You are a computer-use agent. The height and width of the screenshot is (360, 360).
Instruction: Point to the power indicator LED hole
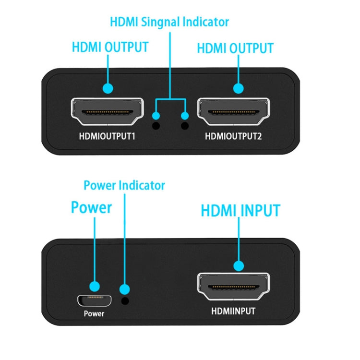point(126,301)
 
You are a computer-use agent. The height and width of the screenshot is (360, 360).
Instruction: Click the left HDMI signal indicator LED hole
point(156,126)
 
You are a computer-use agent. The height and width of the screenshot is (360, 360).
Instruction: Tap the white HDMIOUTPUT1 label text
point(107,136)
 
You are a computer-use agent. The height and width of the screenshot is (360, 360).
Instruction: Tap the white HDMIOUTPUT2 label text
point(234,136)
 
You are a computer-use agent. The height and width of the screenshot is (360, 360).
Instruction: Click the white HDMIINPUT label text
point(233,311)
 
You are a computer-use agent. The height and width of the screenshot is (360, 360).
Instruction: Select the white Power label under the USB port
point(94,314)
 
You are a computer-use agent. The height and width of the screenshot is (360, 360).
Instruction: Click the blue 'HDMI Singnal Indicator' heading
point(169,22)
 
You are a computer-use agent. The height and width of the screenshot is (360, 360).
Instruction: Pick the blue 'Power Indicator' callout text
point(124,185)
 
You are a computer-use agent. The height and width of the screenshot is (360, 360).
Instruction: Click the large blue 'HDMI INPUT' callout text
point(240,210)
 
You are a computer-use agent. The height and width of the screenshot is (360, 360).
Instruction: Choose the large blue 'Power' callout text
point(91,207)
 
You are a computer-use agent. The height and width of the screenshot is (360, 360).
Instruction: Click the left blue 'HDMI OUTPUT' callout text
point(110,48)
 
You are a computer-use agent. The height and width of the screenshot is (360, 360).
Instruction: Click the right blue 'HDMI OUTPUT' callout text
point(235,48)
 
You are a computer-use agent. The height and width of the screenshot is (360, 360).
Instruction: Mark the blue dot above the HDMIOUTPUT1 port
point(108,88)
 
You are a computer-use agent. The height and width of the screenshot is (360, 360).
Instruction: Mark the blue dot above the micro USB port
point(95,287)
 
